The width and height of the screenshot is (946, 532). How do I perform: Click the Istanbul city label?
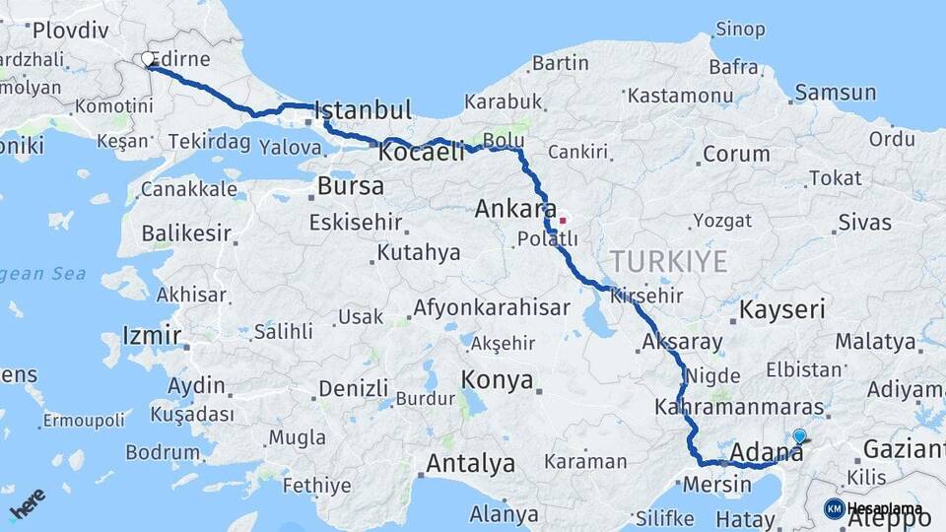coord(362,109)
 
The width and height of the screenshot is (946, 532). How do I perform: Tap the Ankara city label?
coord(515,209)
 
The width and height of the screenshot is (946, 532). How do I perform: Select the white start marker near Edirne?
coord(149,60)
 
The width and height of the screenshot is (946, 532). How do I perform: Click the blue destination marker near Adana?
coord(799,435)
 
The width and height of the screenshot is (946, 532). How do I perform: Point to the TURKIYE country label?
coord(668,262)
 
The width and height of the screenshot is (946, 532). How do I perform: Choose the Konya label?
coord(498,380)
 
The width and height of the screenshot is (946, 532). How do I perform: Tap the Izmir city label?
coord(152,336)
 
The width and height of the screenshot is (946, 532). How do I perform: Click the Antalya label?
coord(470,463)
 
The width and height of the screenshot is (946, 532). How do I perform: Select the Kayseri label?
coord(781,310)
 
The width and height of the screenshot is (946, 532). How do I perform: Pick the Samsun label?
coord(835,93)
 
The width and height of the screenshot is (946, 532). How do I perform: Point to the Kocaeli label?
coord(421,155)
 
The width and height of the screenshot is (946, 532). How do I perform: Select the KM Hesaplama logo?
coord(874,508)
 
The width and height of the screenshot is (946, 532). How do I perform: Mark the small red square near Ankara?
coord(563,220)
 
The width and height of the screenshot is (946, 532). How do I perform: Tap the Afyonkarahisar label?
coord(491,307)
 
